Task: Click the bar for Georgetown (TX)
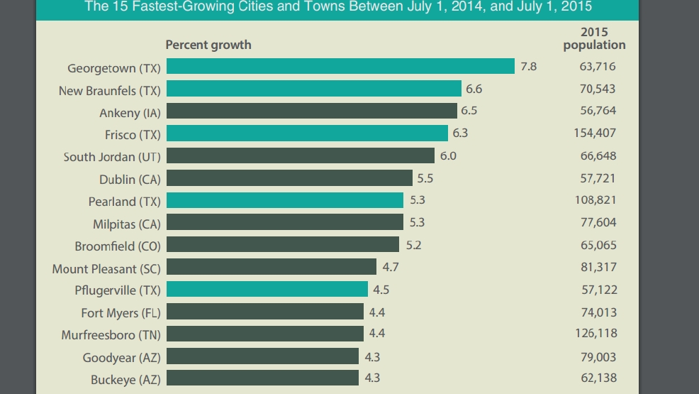click(340, 67)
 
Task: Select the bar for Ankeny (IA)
click(311, 111)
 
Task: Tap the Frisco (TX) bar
click(307, 133)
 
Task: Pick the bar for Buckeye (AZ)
click(262, 378)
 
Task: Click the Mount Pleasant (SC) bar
click(271, 267)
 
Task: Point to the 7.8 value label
click(529, 67)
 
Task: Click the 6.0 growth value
click(448, 156)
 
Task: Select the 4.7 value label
click(391, 267)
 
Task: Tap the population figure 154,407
click(594, 133)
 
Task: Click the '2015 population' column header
click(594, 38)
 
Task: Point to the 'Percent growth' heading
click(208, 45)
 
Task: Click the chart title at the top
click(338, 7)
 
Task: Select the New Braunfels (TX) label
click(109, 91)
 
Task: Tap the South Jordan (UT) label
click(112, 157)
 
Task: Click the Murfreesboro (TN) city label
click(111, 334)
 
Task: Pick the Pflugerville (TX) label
click(118, 290)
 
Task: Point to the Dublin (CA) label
click(130, 180)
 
